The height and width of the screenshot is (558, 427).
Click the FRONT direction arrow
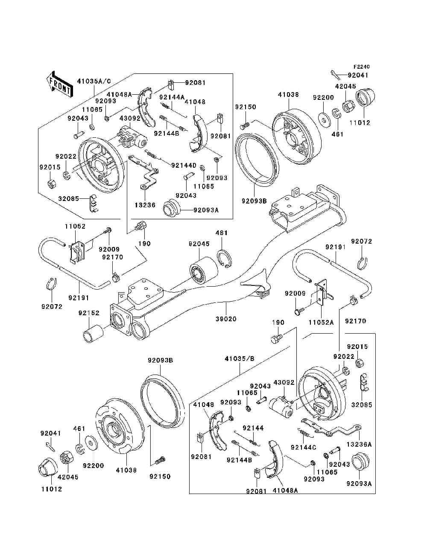click(x=59, y=84)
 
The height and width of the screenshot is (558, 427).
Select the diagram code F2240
click(x=361, y=67)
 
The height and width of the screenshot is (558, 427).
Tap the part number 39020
click(x=226, y=319)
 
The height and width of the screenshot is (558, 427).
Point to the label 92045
click(x=199, y=244)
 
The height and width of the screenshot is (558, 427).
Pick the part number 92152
click(x=89, y=313)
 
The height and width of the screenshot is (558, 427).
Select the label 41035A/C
click(x=94, y=81)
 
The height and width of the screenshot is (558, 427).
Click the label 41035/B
click(x=240, y=359)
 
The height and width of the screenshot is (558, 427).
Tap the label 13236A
click(x=359, y=445)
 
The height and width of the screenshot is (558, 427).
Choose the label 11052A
click(x=321, y=323)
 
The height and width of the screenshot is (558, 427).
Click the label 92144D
click(x=184, y=166)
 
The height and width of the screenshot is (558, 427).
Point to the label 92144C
click(x=303, y=448)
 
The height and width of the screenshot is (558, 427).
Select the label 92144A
click(x=172, y=97)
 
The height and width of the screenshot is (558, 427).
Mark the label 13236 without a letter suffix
click(x=145, y=205)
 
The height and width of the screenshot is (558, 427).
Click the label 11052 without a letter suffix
click(x=75, y=226)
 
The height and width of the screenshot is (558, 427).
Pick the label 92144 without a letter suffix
click(x=253, y=428)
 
